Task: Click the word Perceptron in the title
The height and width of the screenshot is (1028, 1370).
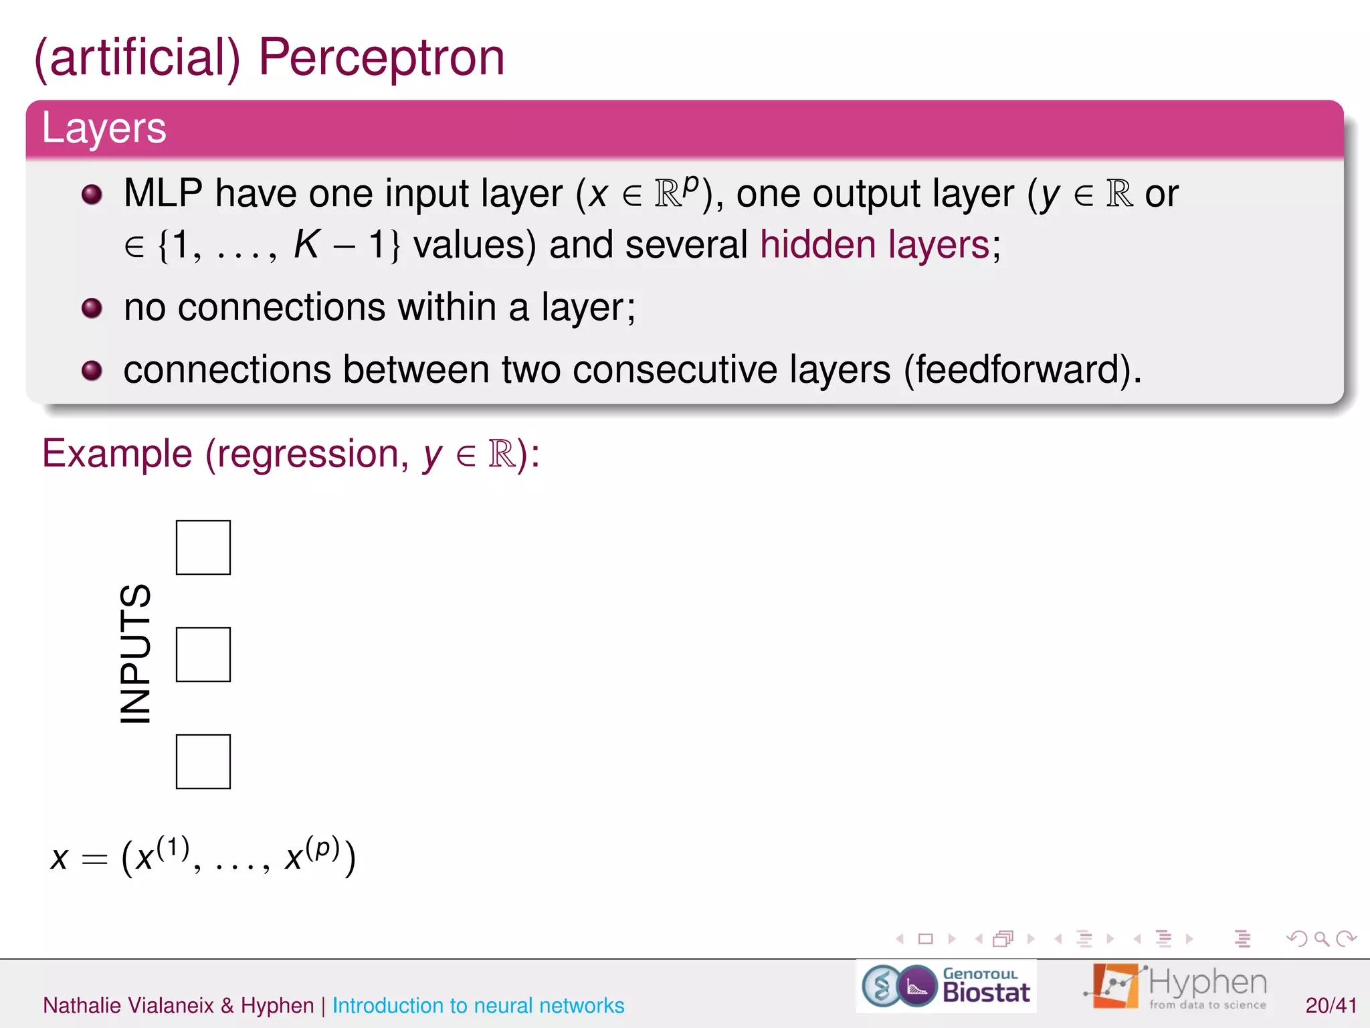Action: [381, 58]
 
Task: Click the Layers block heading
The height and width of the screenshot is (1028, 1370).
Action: [104, 128]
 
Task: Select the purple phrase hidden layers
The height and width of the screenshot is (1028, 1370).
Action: [874, 245]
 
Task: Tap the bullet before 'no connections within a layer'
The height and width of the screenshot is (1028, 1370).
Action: [92, 309]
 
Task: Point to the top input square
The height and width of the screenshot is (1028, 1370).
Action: [203, 547]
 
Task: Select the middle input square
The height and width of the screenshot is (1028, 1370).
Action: [203, 655]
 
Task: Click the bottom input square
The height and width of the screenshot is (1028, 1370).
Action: [203, 762]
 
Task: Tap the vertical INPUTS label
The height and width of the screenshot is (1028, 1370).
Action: [135, 654]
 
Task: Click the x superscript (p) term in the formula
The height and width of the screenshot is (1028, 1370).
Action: [312, 856]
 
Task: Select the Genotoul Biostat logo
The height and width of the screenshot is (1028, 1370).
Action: [946, 987]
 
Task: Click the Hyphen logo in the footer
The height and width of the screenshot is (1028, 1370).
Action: [1177, 987]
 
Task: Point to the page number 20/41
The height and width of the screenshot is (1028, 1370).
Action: [1331, 1005]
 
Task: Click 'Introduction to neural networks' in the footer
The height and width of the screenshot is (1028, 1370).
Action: [478, 1005]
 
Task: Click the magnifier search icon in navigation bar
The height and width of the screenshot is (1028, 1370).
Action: [1321, 939]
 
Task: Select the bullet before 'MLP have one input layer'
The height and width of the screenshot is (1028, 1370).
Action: [92, 195]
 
